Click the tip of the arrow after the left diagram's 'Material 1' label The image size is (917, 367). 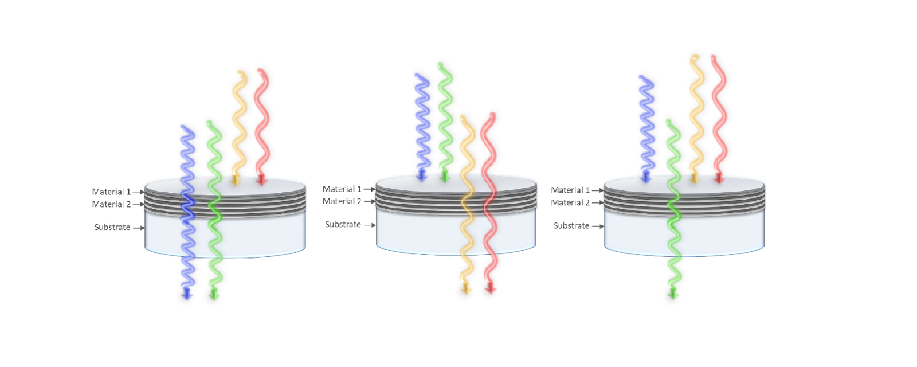144,192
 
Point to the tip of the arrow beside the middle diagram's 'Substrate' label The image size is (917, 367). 376,225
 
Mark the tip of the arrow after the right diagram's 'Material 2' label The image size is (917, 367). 604,203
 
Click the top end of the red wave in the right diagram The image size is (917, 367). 714,57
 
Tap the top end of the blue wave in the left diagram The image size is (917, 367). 183,127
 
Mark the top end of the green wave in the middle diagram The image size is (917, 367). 441,64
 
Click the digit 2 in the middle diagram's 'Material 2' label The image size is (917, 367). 359,201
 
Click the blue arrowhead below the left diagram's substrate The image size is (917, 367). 187,294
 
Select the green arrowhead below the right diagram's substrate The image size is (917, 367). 673,293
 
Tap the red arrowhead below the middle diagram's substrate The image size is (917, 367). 491,287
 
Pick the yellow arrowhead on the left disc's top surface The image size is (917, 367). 236,180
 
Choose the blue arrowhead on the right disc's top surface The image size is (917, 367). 646,177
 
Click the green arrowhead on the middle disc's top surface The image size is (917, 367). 445,177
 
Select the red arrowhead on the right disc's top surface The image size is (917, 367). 719,178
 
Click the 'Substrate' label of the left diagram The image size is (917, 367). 112,227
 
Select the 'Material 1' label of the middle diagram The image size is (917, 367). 342,189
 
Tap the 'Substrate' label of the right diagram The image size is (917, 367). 571,226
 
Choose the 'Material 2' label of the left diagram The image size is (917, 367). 111,204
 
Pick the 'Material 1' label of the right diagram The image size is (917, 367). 570,190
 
